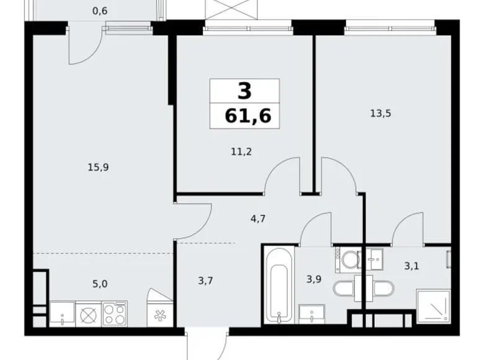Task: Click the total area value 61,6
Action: (x=244, y=115)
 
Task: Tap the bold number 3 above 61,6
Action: (x=244, y=92)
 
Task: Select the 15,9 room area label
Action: (x=99, y=166)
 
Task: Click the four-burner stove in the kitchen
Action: (x=115, y=314)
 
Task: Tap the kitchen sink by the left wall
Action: (x=62, y=314)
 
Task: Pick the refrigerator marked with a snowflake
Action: (x=156, y=314)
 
